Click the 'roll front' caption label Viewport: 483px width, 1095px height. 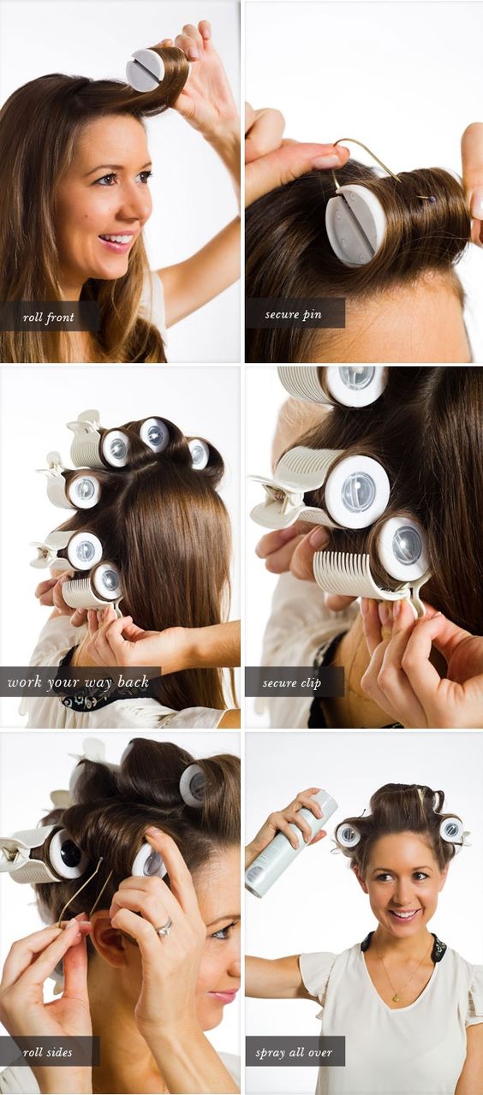tap(49, 318)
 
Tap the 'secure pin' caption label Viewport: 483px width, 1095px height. tap(294, 314)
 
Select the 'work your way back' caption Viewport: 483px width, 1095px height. tap(78, 681)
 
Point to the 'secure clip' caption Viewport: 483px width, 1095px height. tap(292, 682)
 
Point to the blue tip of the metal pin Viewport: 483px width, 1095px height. tap(432, 199)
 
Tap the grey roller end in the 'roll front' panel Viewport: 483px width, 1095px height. tap(144, 70)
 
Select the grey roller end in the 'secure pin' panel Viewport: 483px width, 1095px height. tap(353, 226)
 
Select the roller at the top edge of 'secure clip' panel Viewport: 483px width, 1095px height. tap(333, 386)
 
